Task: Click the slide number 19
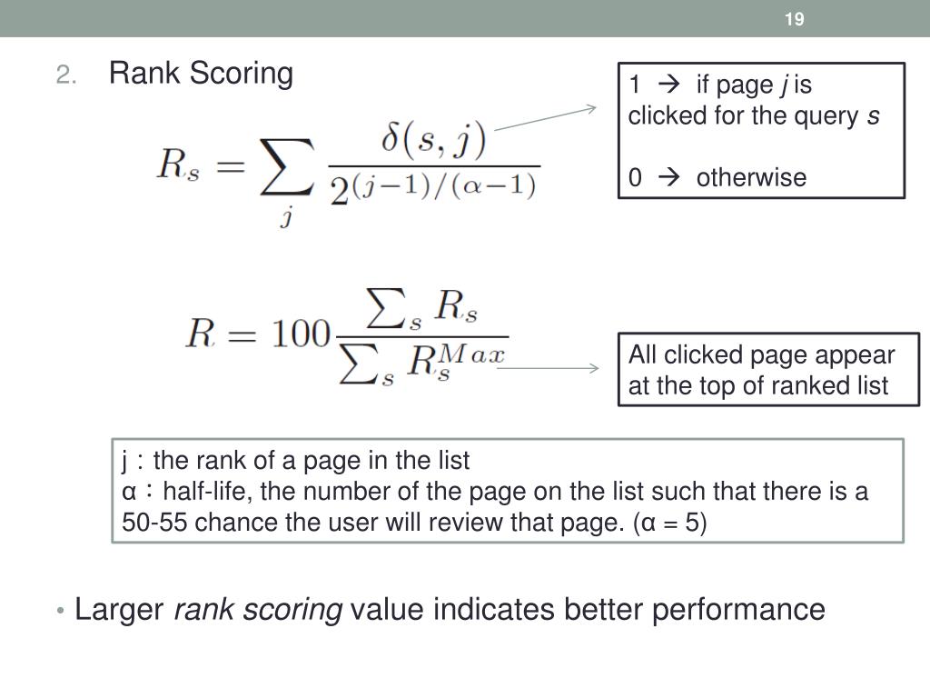pyautogui.click(x=795, y=19)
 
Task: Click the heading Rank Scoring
pyautogui.click(x=201, y=73)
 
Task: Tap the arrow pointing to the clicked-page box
pyautogui.click(x=545, y=118)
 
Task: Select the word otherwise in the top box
pyautogui.click(x=751, y=177)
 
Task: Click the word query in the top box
pyautogui.click(x=829, y=116)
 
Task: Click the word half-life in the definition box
pyautogui.click(x=205, y=492)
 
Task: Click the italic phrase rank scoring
pyautogui.click(x=258, y=609)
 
